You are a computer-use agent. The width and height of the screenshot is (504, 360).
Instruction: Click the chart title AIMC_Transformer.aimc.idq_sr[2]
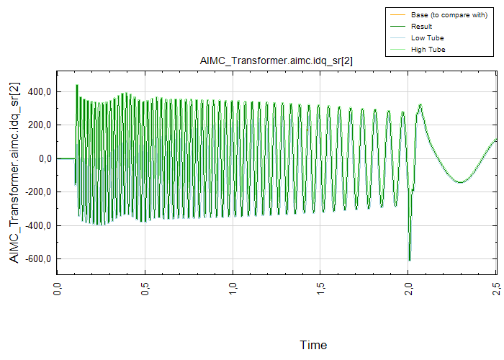276,61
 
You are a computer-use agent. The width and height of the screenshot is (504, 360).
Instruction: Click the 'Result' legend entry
421,27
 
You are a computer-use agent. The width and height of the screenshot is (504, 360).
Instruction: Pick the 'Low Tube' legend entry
427,38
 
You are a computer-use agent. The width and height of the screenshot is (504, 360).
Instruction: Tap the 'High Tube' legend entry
428,50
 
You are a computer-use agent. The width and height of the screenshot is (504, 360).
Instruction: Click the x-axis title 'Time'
313,345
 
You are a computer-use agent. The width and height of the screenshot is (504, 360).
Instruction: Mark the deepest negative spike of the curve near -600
409,260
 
